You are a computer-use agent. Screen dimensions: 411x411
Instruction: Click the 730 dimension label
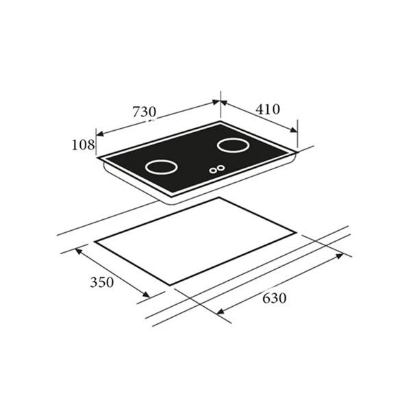tap(144, 112)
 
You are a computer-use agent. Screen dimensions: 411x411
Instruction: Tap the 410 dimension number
tap(268, 110)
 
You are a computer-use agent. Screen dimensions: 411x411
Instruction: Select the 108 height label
tap(83, 145)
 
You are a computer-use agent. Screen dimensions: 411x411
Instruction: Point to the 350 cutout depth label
tap(101, 282)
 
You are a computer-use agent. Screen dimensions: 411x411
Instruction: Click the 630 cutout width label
tap(274, 298)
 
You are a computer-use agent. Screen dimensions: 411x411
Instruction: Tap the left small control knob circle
tap(213, 171)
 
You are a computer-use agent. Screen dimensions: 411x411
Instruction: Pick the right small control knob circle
tap(221, 168)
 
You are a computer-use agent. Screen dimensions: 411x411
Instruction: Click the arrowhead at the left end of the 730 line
tap(99, 134)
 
